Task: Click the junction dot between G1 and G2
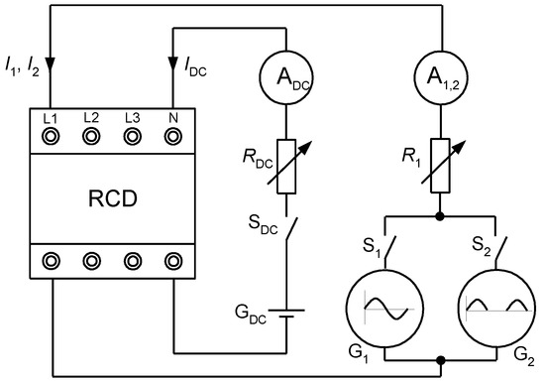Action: click(x=438, y=361)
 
